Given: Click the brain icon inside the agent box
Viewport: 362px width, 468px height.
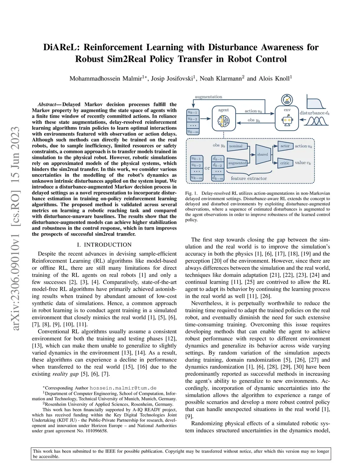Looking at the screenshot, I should coord(223,121).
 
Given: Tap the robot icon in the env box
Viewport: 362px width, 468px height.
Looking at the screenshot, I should coord(287,121).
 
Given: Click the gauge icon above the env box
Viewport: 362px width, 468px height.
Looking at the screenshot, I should coord(287,100).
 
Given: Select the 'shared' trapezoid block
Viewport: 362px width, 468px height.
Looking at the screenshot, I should coord(262,154).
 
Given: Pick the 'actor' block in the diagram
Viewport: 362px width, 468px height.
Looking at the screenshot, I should coord(285,146).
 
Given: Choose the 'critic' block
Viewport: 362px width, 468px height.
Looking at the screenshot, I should coord(285,163).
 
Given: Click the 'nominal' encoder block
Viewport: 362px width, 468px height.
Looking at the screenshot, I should coord(236,146).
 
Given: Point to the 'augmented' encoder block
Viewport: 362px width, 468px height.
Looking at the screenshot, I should coord(237,163).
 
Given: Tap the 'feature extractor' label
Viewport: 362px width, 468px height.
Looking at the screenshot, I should coord(249,178).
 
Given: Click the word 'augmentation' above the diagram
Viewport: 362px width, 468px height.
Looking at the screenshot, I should coord(209,97).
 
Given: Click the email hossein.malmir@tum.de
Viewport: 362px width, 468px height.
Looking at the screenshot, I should coord(123,388).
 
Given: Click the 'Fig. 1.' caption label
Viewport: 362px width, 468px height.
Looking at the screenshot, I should coord(191,193).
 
